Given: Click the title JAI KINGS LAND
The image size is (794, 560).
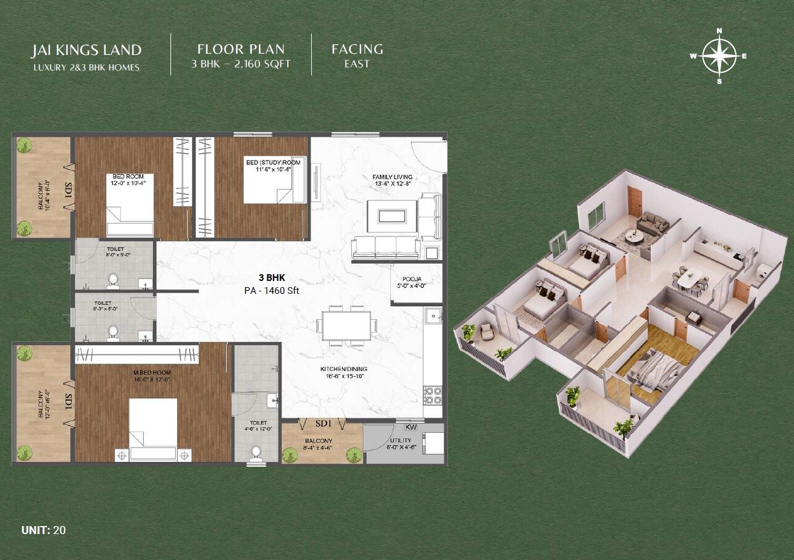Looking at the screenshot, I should [87, 50].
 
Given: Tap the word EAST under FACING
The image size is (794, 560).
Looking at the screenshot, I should [357, 64].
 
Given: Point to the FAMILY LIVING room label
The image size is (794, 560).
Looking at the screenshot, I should [392, 180].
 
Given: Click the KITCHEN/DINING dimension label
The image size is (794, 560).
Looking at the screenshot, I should [344, 372].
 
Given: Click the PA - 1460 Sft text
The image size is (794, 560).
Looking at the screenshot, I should [271, 290].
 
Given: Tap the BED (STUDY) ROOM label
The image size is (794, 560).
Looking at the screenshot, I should [273, 165].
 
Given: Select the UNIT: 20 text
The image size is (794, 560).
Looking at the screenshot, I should [43, 530].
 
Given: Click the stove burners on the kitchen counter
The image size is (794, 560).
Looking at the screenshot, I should [432, 393].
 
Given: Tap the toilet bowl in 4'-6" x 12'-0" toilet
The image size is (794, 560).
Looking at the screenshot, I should [257, 453].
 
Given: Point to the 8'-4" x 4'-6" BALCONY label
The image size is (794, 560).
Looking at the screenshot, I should [319, 444].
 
